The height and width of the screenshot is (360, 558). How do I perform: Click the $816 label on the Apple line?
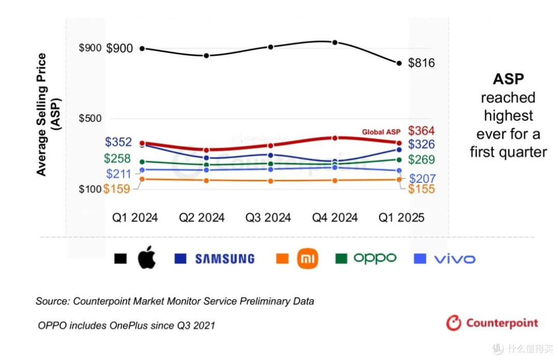point(422,63)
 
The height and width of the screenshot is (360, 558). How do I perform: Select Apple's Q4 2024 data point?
point(335,42)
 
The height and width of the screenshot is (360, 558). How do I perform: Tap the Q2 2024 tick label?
point(202,217)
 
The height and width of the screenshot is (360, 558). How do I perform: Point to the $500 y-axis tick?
point(90,118)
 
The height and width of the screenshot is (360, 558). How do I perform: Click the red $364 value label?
point(422,131)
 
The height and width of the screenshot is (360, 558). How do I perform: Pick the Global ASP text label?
point(381,132)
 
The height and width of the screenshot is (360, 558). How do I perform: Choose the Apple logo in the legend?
point(147,257)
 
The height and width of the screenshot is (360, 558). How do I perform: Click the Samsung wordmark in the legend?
point(225,259)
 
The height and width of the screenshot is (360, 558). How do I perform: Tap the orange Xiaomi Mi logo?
point(307,258)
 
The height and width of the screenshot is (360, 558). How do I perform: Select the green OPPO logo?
point(375,258)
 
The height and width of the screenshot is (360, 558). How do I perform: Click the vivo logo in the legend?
point(455,259)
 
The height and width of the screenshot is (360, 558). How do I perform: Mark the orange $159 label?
point(117,189)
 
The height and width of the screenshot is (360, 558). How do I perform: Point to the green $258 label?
point(117,158)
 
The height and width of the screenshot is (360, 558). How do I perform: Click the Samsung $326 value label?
point(422,144)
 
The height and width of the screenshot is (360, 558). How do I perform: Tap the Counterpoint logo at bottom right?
point(492,323)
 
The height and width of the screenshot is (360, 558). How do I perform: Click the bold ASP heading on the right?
point(508,79)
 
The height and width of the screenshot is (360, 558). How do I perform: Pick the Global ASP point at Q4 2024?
point(335,138)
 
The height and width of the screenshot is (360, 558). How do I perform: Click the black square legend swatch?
point(120,259)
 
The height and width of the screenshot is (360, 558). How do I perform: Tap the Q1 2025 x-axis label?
point(401,217)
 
